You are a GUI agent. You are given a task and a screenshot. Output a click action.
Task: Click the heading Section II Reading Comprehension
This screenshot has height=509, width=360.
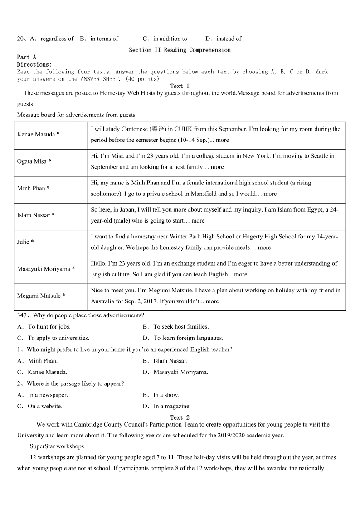click(x=180, y=50)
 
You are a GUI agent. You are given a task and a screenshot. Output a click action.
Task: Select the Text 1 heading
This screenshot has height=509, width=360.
click(x=180, y=86)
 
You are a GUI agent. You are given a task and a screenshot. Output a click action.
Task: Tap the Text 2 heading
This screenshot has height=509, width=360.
click(x=180, y=417)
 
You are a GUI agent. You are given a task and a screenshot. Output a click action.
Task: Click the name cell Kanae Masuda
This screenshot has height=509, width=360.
click(x=38, y=134)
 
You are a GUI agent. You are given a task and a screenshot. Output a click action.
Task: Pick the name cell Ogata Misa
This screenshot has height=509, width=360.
click(x=34, y=161)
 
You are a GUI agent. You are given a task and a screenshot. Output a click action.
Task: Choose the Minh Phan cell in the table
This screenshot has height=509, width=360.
click(x=33, y=188)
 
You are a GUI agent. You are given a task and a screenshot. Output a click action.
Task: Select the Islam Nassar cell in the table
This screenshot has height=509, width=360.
click(x=36, y=215)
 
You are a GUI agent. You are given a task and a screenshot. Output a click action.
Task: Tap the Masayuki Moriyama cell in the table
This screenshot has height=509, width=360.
click(x=46, y=269)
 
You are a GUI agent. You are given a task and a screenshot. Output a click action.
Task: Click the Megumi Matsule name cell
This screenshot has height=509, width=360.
click(x=41, y=296)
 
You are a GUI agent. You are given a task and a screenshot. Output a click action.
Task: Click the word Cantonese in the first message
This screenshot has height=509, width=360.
click(x=135, y=129)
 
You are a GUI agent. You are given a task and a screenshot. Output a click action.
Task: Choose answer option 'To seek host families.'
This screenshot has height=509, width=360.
click(x=180, y=327)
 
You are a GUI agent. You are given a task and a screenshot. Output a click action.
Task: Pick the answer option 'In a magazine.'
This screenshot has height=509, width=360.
click(x=172, y=406)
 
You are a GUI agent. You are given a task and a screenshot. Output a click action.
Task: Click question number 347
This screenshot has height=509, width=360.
click(x=23, y=315)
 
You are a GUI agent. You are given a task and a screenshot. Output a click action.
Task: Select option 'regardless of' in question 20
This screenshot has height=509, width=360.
click(x=57, y=39)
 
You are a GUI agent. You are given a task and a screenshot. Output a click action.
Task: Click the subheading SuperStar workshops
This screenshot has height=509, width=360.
click(x=57, y=446)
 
